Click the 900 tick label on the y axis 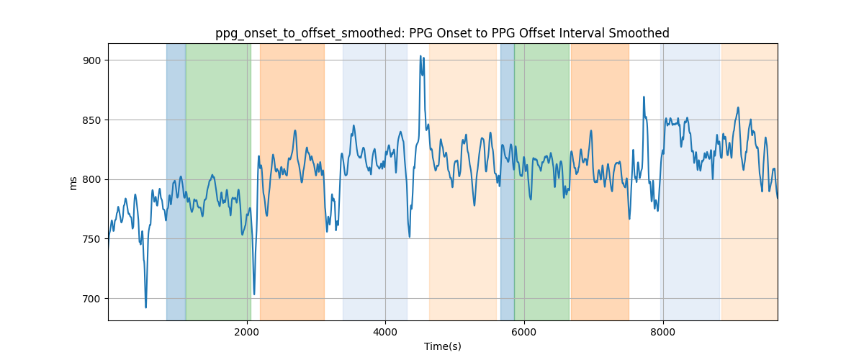92,60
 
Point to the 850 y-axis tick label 92,120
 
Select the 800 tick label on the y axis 92,179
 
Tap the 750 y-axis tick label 92,239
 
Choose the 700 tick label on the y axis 92,299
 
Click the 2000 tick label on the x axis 247,332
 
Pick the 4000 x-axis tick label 385,332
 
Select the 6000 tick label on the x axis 524,332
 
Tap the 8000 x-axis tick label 662,332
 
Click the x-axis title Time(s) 443,346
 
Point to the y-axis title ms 73,184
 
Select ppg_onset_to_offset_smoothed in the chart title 310,34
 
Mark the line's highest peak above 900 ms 420,56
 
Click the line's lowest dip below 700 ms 145,307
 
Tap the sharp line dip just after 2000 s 254,294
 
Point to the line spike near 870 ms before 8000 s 644,97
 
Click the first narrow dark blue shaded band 176,181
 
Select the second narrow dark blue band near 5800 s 507,181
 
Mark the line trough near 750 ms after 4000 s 409,237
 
